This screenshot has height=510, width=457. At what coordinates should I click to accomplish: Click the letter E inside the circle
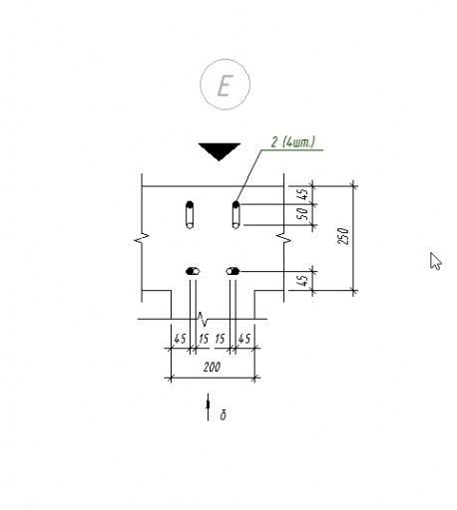click(225, 86)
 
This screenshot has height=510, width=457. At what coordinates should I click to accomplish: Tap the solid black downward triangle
click(219, 151)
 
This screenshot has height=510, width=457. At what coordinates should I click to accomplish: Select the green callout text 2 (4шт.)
click(292, 142)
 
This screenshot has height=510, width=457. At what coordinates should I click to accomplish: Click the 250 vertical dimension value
click(343, 236)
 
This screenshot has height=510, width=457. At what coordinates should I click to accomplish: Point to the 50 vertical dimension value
click(303, 214)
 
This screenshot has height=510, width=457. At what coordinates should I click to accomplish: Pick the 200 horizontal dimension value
click(212, 368)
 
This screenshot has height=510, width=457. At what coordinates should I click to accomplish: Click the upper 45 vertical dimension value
click(303, 194)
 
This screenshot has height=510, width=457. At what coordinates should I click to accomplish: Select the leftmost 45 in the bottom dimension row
click(180, 339)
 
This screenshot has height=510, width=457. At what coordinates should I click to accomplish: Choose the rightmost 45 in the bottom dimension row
click(244, 339)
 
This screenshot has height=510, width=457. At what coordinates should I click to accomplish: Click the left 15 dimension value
click(204, 339)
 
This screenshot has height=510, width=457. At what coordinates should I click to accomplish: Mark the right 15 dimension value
click(221, 339)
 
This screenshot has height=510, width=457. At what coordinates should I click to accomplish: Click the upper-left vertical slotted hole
click(190, 215)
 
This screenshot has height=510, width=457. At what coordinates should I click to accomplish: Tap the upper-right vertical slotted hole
click(235, 215)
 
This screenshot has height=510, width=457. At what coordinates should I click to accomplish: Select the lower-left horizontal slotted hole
click(193, 272)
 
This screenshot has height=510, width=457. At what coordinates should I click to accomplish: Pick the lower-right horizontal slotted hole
click(232, 272)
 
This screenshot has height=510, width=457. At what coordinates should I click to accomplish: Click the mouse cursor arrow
click(435, 261)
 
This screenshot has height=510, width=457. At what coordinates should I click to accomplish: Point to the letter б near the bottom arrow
click(224, 415)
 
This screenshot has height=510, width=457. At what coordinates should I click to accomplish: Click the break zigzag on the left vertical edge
click(142, 238)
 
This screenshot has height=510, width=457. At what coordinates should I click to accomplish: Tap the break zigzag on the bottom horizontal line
click(203, 319)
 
